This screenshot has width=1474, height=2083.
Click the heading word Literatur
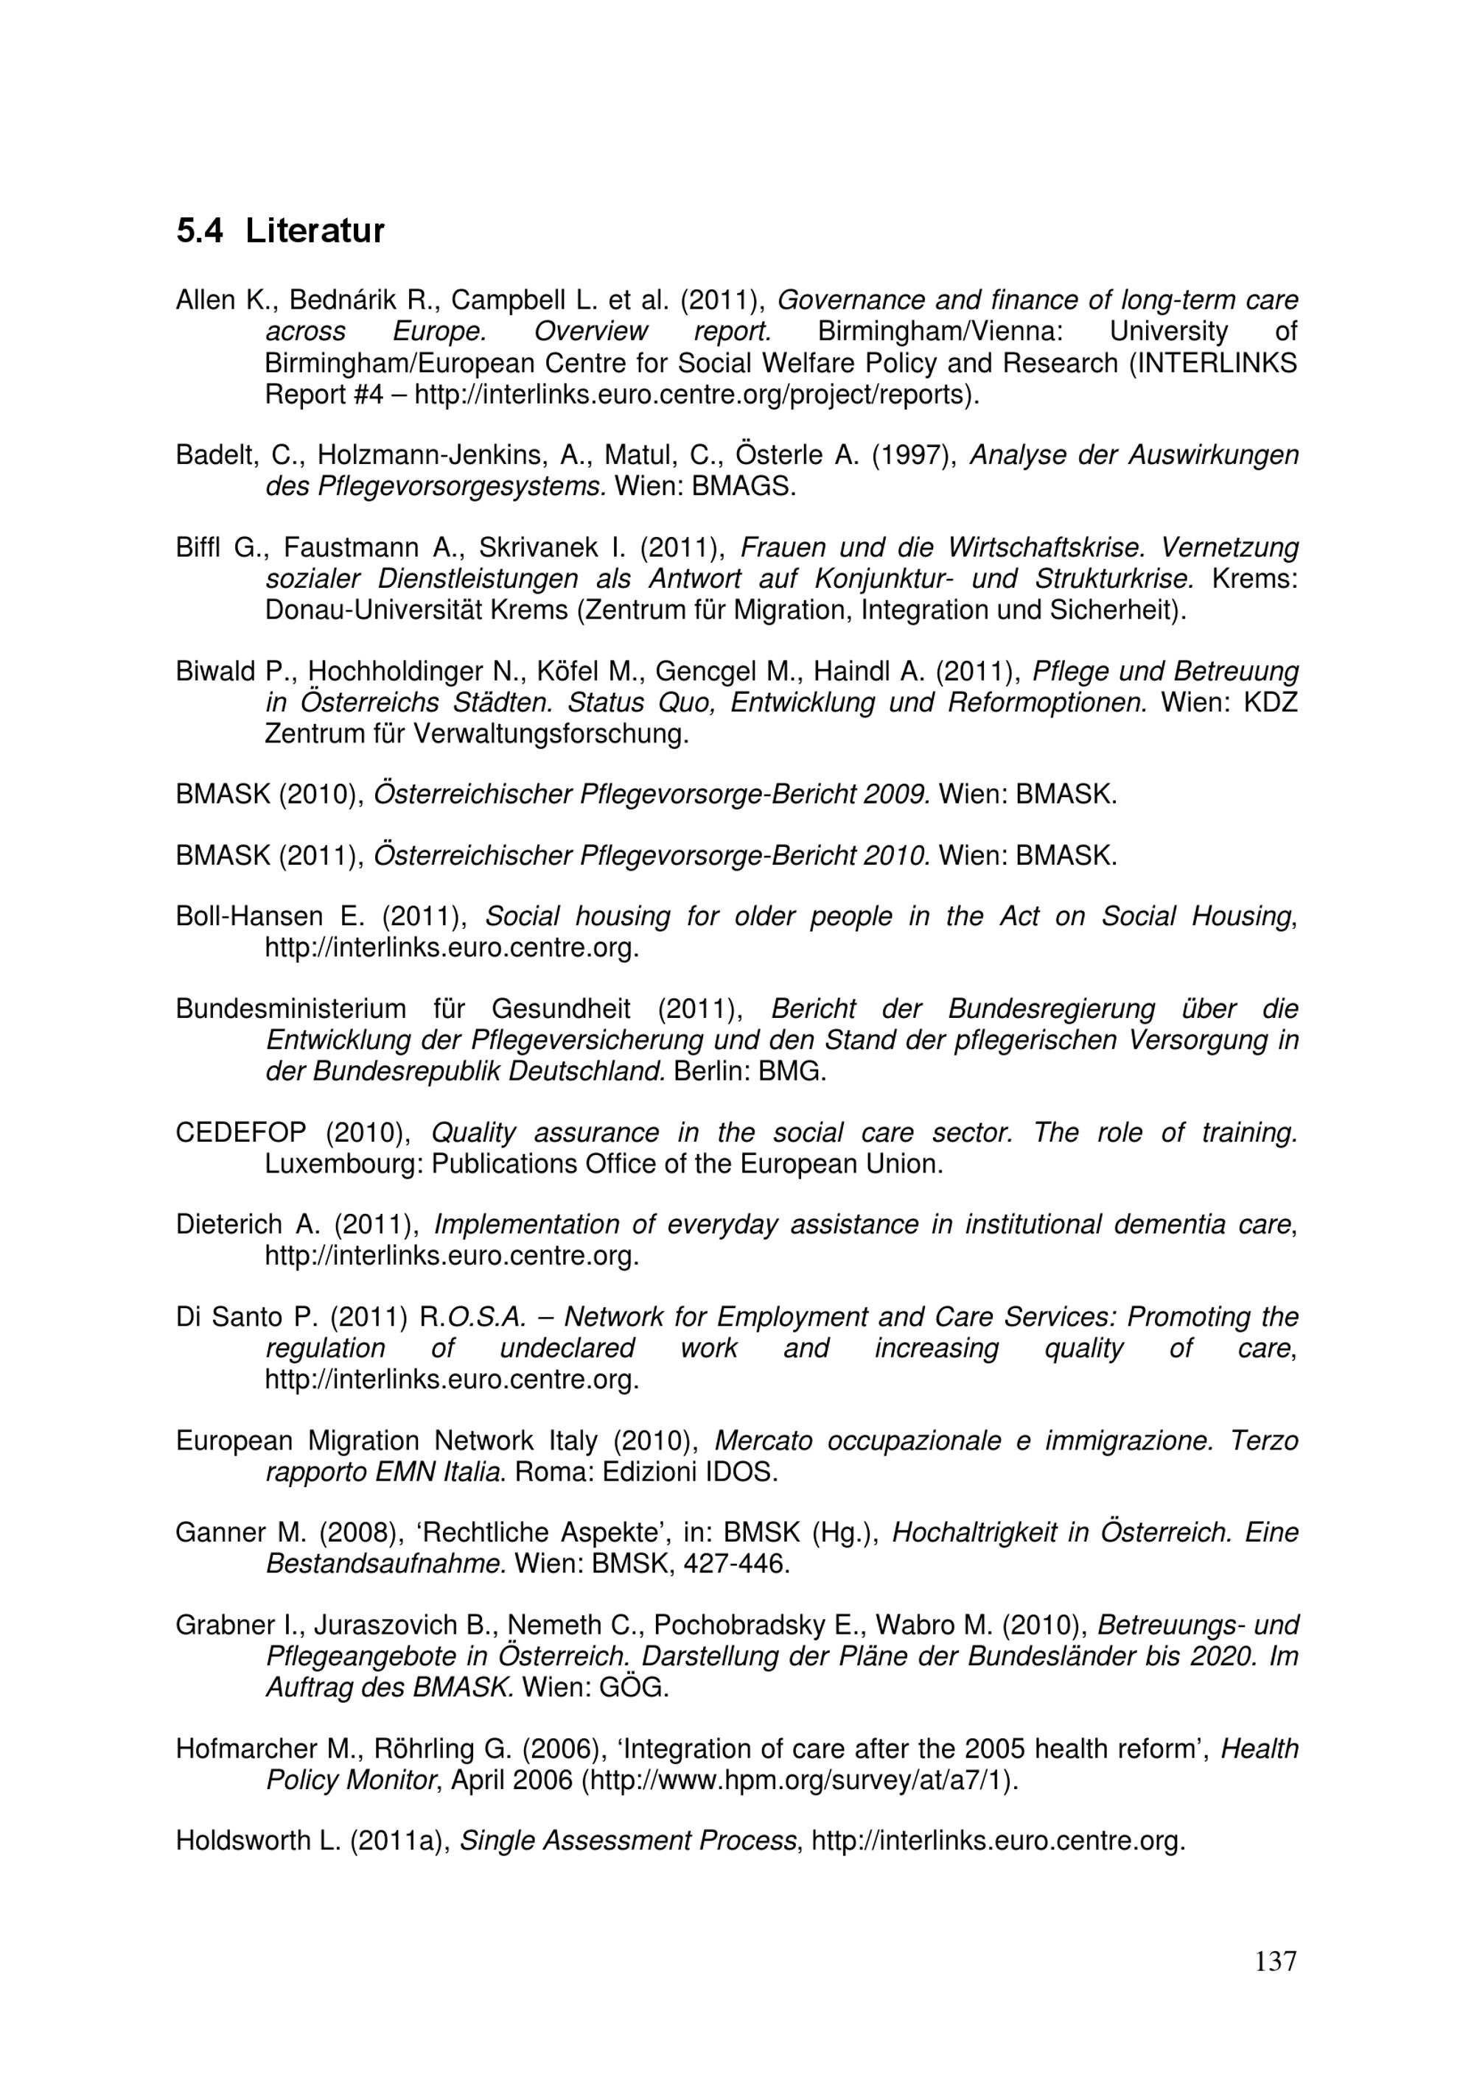click(314, 231)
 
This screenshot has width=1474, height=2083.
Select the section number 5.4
click(199, 231)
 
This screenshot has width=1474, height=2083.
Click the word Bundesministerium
click(290, 1009)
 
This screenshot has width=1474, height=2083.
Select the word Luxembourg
click(344, 1163)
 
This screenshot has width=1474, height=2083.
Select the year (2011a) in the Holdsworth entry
click(401, 1841)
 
